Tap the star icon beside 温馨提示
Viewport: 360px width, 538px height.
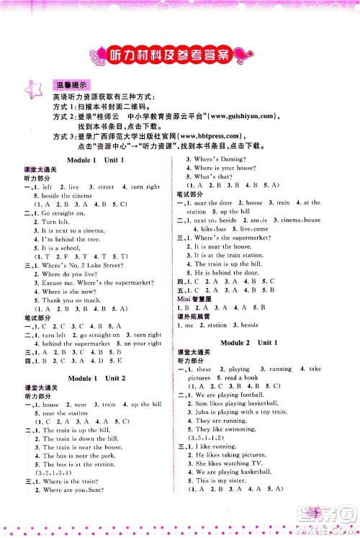34,90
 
